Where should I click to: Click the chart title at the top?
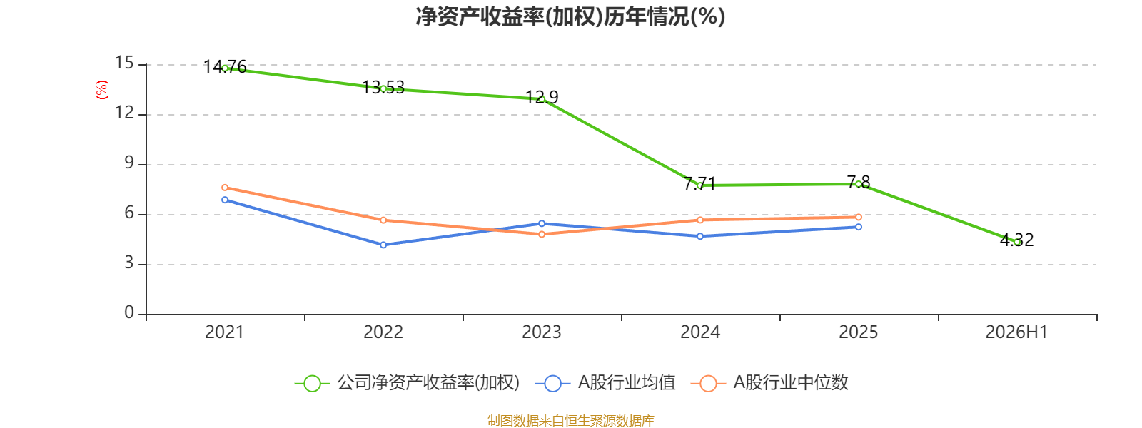570,17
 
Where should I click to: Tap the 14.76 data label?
225,67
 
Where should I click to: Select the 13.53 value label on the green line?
383,88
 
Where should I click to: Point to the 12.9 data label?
542,97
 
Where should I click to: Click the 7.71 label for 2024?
700,183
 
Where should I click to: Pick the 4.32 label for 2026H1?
1016,240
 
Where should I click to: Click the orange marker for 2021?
225,188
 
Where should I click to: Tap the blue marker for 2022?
383,245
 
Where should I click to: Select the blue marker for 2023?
542,224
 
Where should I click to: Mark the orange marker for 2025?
859,217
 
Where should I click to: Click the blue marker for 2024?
700,236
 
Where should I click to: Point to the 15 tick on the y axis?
124,63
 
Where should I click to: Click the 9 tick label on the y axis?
129,163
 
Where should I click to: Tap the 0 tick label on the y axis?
129,313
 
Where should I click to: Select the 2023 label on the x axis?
542,332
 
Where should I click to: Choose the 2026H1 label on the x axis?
1016,332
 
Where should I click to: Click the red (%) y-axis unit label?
102,90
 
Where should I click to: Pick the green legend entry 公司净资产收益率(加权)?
408,382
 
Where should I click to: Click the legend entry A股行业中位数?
769,382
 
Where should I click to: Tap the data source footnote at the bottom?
570,420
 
